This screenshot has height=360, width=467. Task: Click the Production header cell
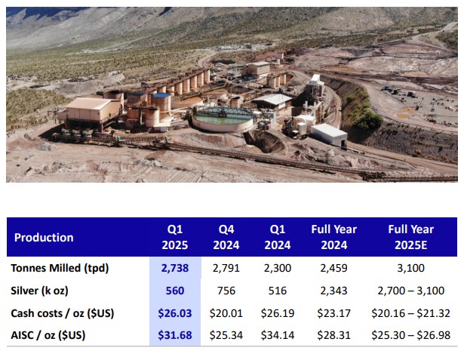pos(44,237)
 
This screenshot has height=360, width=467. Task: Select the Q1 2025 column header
pos(174,237)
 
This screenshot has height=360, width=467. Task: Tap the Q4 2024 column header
pos(227,237)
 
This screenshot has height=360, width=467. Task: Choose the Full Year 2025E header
pos(410,237)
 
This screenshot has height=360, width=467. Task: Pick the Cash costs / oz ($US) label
pos(61,312)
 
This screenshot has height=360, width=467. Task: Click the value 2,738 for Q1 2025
pos(174,268)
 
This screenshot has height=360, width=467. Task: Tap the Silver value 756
pos(227,291)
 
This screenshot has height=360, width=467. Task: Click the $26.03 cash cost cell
pos(174,312)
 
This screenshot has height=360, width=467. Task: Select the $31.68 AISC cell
pos(174,334)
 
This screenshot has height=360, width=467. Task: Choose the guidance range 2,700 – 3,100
pos(410,291)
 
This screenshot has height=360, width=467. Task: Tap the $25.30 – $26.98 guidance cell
pos(410,334)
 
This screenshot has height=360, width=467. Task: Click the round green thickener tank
pos(223,118)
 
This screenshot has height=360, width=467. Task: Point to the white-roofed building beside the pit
pos(329,134)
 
